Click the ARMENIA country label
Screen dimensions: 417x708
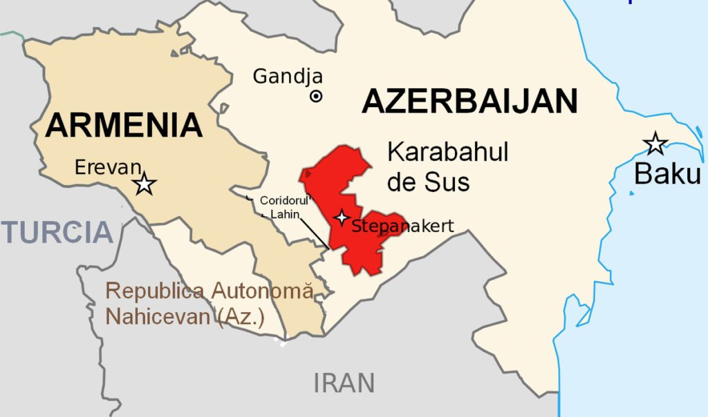125,126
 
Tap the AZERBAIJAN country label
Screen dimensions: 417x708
470,102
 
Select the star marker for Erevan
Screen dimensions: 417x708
145,184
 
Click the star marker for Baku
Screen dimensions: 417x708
655,144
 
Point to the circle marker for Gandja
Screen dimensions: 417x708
316,97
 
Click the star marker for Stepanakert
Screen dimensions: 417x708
341,217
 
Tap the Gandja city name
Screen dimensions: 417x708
288,76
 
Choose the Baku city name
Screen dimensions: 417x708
667,174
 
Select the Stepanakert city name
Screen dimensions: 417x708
402,226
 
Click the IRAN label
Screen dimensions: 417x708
344,382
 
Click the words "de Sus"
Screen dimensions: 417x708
428,182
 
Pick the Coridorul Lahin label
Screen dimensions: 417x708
283,207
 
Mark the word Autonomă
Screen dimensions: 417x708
262,291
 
